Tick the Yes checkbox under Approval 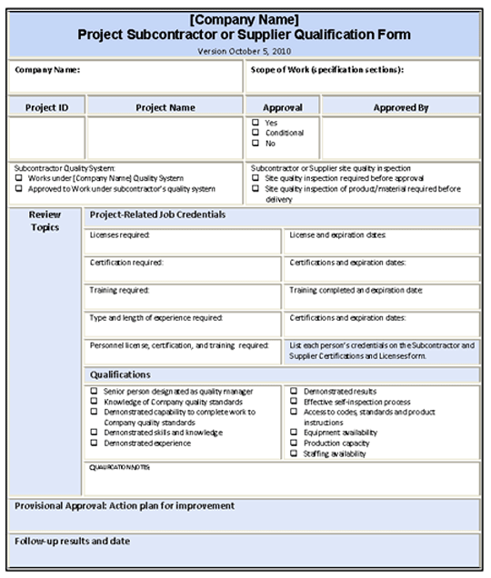[x=256, y=122]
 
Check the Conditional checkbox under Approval [x=256, y=133]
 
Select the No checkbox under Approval [x=256, y=144]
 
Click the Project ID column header [x=46, y=107]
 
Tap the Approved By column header [x=400, y=107]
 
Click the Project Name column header [x=165, y=107]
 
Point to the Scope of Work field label [x=326, y=69]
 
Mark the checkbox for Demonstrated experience [x=95, y=443]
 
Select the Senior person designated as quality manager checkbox [x=95, y=391]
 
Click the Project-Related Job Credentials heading [x=158, y=214]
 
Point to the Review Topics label [x=45, y=221]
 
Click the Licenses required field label [x=120, y=235]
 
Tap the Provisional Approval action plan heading [x=125, y=505]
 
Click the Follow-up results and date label [x=72, y=542]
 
